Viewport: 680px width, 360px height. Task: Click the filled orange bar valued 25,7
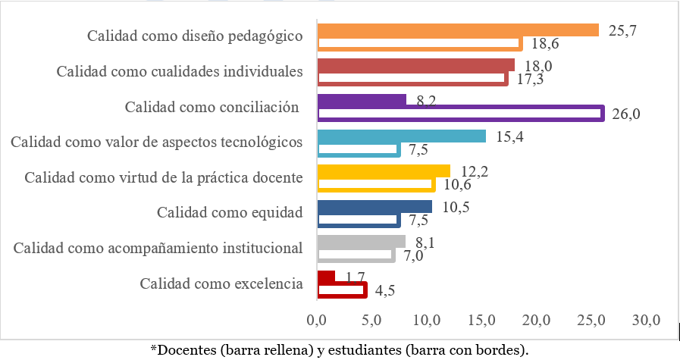tap(458, 30)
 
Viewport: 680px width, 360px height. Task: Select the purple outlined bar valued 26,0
tap(460, 114)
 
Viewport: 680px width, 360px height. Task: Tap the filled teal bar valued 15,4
tap(401, 136)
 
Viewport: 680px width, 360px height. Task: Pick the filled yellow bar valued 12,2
tap(384, 171)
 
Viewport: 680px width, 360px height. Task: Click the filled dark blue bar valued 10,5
tap(374, 207)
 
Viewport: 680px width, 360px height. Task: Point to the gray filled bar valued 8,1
tap(361, 242)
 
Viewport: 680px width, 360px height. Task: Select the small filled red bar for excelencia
tap(326, 277)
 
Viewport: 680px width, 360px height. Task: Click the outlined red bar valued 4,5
tap(342, 290)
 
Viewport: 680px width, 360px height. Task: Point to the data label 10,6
tap(455, 185)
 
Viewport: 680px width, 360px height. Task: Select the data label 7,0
tap(412, 255)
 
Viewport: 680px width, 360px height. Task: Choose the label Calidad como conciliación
tap(212, 107)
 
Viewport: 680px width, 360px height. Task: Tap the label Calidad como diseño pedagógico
tap(195, 36)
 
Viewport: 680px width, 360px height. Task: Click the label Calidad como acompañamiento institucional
tap(158, 248)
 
